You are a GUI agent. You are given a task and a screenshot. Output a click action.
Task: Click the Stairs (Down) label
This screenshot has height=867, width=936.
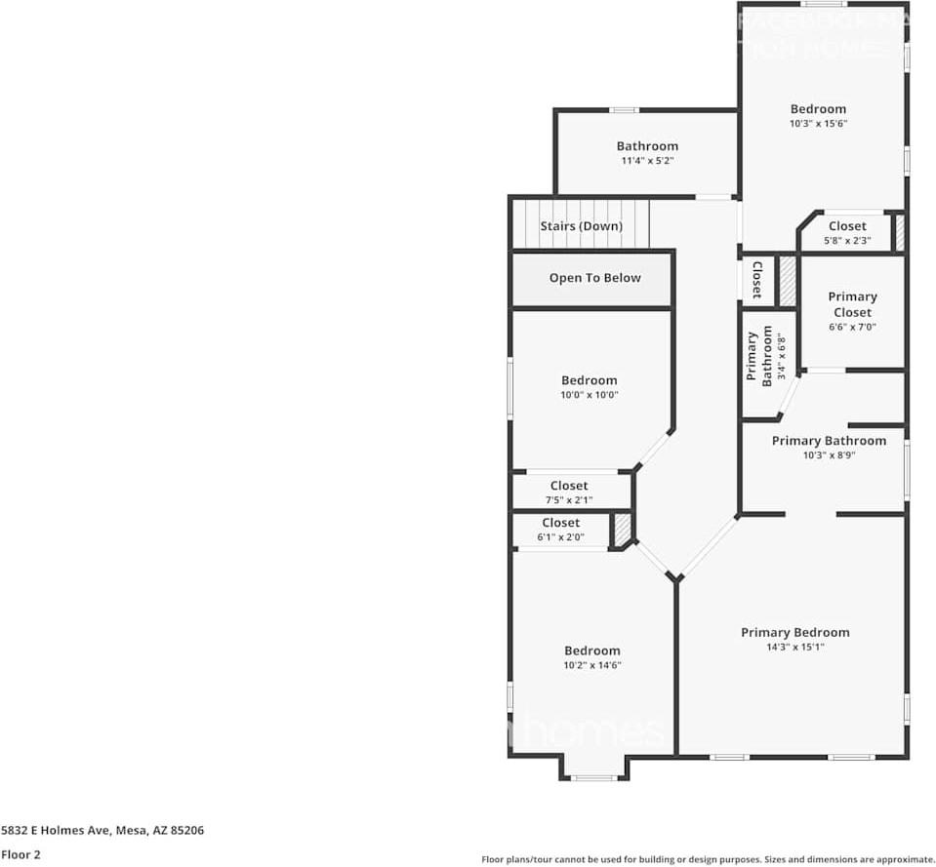pos(581,226)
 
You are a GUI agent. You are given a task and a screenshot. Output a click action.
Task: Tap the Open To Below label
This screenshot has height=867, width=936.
pos(594,278)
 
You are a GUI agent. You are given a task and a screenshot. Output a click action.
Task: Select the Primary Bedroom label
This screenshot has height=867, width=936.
pos(794,632)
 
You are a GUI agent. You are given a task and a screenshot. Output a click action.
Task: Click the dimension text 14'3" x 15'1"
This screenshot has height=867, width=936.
pos(794,647)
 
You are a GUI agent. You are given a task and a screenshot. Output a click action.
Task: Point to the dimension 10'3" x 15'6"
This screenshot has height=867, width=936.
pos(818,124)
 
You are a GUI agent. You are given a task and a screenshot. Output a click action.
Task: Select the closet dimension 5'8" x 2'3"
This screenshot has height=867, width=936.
pos(846,240)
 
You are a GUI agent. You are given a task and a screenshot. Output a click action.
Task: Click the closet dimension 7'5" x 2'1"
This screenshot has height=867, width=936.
pos(569,499)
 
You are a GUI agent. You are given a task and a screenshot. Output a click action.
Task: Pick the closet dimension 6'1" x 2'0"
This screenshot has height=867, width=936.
pos(560,536)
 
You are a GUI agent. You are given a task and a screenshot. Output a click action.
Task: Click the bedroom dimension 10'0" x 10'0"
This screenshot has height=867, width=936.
pos(590,395)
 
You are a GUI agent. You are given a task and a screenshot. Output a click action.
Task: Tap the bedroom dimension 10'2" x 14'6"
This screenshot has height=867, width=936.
pos(591,665)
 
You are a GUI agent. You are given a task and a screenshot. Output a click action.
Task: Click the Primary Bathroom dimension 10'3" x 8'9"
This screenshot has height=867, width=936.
pos(829,454)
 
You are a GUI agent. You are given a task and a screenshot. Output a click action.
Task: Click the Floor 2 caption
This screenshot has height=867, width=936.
pos(20,854)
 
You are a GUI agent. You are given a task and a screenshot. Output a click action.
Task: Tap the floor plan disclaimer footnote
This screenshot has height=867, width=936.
pos(708,859)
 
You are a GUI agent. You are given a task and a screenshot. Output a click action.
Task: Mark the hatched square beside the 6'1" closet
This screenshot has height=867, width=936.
pos(622,530)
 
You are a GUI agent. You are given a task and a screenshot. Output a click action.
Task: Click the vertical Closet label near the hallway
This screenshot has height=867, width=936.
pos(756,280)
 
